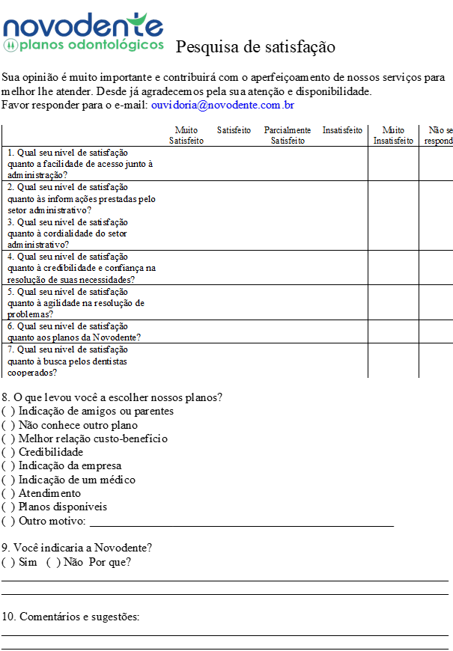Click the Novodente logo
tap(83, 32)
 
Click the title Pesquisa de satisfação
tap(255, 47)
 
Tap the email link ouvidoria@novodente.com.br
tap(222, 106)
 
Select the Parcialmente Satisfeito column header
tap(288, 135)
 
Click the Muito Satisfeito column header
tap(186, 135)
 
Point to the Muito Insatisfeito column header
tap(393, 135)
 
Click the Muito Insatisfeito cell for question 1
tap(393, 164)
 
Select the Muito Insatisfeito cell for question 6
tap(393, 331)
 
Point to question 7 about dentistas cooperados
tap(67, 361)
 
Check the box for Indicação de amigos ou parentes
tap(8, 411)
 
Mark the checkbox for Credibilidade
tap(8, 452)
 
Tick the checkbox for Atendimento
tap(8, 493)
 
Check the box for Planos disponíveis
tap(8, 507)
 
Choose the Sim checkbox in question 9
tap(8, 562)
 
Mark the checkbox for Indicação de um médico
tap(8, 480)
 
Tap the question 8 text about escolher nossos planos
tap(112, 397)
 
